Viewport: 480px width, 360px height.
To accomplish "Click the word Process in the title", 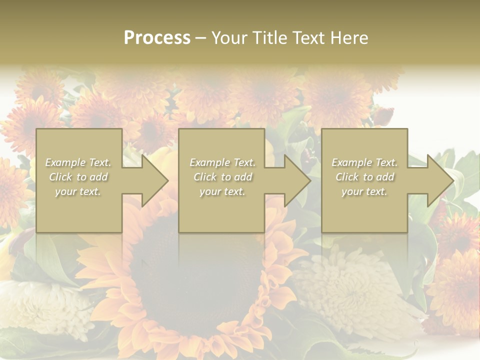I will pyautogui.click(x=157, y=38).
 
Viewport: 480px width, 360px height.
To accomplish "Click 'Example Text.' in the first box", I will pyautogui.click(x=78, y=162).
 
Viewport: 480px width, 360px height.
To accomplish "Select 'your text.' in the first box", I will pyautogui.click(x=78, y=191).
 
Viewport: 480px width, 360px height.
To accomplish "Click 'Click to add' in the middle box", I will pyautogui.click(x=222, y=177).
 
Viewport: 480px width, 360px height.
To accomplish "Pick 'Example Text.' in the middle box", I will pyautogui.click(x=222, y=162).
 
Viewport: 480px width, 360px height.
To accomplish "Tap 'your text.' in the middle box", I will pyautogui.click(x=222, y=191).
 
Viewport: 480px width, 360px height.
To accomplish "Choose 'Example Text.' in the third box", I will pyautogui.click(x=364, y=162).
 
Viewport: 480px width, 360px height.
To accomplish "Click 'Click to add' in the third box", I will pyautogui.click(x=364, y=177).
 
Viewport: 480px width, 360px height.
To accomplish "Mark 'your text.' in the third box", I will pyautogui.click(x=364, y=191).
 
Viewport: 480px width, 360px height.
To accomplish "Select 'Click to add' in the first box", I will pyautogui.click(x=78, y=177).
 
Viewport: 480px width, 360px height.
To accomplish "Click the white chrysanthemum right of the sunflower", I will pyautogui.click(x=345, y=285).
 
